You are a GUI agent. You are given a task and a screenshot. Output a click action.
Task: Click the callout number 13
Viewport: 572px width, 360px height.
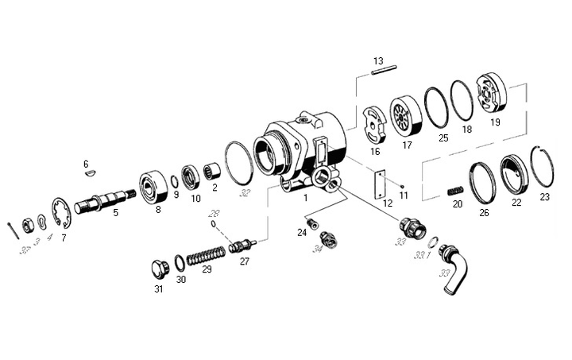point(378,61)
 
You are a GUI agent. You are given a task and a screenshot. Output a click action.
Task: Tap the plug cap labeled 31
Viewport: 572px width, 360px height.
point(160,266)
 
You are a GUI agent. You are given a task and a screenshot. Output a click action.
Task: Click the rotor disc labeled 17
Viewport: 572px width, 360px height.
point(404,115)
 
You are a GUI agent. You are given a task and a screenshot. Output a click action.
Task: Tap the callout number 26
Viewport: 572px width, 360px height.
point(485,212)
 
